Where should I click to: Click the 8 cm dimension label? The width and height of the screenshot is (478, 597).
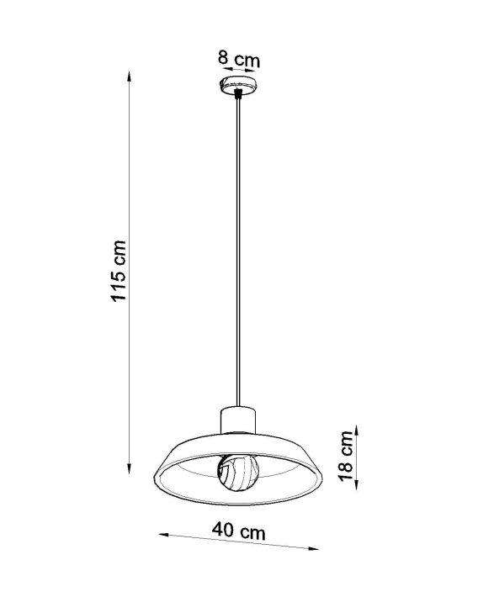coord(239,59)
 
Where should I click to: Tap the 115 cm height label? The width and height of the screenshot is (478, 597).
coord(118,271)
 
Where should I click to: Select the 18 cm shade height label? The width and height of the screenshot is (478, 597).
coord(347,456)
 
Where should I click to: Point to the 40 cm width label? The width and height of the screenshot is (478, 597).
coord(239,531)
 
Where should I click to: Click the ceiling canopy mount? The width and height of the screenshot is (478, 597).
coord(239,85)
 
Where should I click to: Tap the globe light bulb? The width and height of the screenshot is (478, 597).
coord(238,472)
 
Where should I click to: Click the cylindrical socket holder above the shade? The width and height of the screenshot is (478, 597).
coord(238,420)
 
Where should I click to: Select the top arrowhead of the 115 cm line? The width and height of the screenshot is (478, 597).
coord(130,77)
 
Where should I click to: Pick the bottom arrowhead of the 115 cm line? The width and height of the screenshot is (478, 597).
coord(130,468)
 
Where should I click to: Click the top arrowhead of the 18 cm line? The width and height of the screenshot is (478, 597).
coord(356,431)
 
